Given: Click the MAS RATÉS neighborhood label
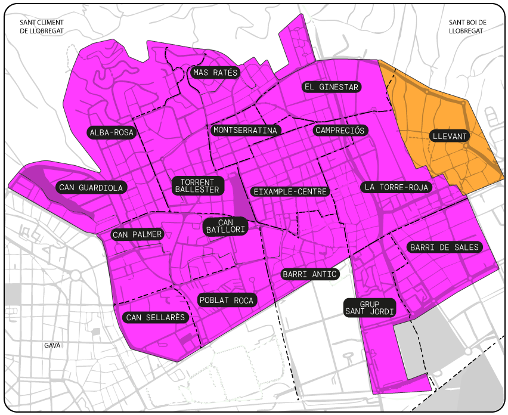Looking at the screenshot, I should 215,73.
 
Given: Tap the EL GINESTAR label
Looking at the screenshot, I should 331,87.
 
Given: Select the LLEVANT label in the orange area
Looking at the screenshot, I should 450,137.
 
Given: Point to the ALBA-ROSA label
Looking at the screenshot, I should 111,132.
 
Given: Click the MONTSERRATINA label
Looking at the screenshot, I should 245,130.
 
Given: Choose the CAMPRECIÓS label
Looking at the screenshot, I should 340,130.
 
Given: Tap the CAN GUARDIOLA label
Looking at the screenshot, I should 91,188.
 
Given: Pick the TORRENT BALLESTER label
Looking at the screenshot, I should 197,185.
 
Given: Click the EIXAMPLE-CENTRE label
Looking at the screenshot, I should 290,191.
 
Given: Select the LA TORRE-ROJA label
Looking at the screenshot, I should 397,187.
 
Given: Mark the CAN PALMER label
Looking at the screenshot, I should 137,235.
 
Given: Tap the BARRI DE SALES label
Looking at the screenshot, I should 444,247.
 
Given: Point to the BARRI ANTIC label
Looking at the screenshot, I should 309,274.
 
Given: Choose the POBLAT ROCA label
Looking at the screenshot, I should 227,301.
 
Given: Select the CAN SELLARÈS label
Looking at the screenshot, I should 156,317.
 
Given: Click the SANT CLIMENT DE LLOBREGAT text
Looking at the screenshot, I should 42,27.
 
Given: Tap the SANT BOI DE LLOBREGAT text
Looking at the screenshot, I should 467,27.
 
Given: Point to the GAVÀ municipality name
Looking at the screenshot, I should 52,345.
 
